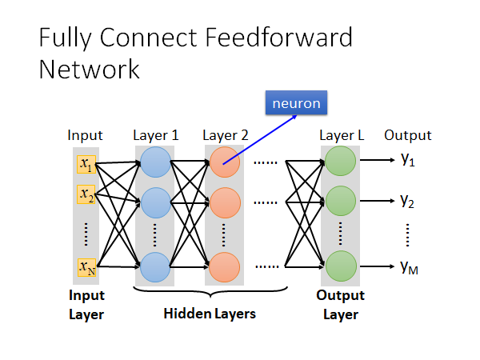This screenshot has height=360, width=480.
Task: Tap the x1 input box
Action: click(86, 164)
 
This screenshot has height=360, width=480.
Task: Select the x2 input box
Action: click(86, 194)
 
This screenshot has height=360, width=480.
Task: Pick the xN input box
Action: click(86, 267)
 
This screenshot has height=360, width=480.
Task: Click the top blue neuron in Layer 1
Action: click(155, 163)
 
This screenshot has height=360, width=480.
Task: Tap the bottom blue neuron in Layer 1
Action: click(155, 266)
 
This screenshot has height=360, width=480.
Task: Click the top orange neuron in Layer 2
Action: click(225, 163)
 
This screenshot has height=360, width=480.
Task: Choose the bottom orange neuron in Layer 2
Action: click(225, 266)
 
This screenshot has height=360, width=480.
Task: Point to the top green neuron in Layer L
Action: click(340, 163)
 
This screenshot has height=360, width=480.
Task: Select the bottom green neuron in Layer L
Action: click(340, 266)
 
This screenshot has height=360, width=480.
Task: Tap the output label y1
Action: click(408, 161)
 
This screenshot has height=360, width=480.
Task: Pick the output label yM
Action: click(410, 266)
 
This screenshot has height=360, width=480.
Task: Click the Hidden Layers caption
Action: click(210, 314)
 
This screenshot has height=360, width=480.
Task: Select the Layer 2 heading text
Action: click(226, 135)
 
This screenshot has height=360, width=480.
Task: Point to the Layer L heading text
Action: click(342, 135)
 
